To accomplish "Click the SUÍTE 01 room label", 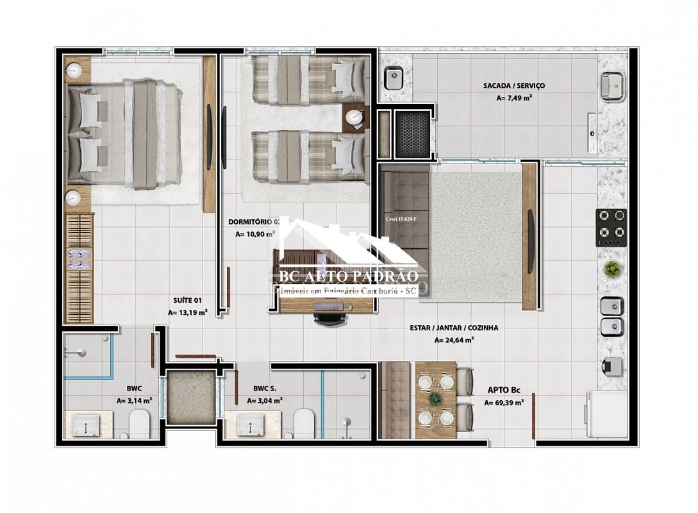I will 187,299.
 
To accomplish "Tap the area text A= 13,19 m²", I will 187,313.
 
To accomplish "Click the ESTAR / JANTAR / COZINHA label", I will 454,328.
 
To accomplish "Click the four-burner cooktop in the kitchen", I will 611,226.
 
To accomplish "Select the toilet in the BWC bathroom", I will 138,424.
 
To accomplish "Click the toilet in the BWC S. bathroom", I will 304,424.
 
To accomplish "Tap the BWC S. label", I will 265,387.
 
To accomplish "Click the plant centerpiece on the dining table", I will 436,398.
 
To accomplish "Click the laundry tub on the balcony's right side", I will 613,86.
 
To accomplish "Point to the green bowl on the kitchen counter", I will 612,269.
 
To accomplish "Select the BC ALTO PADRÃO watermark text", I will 350,276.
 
